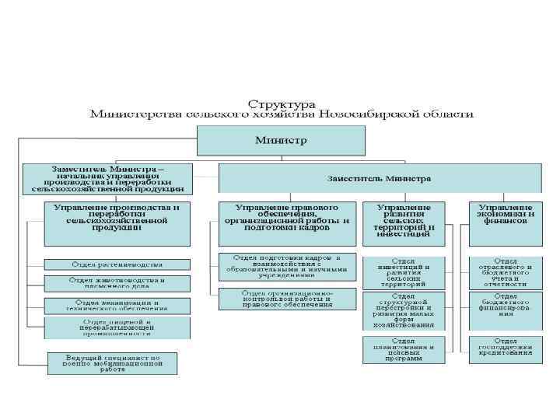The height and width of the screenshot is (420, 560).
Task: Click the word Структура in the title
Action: point(281,103)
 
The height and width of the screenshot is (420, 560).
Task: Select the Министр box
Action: point(281,141)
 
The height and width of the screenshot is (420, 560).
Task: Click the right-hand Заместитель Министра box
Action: point(379,178)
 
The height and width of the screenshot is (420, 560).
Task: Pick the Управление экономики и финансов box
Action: point(506,216)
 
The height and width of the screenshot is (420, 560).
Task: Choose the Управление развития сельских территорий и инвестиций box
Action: point(404,221)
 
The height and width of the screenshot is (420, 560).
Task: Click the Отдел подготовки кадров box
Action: point(286,266)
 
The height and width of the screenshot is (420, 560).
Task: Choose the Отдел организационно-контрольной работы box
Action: point(286,299)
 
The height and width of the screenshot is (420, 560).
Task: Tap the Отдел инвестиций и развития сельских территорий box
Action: point(404,271)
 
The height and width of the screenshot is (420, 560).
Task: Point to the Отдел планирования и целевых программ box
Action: point(404,351)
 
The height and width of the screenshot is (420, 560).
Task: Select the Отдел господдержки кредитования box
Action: point(506,348)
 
